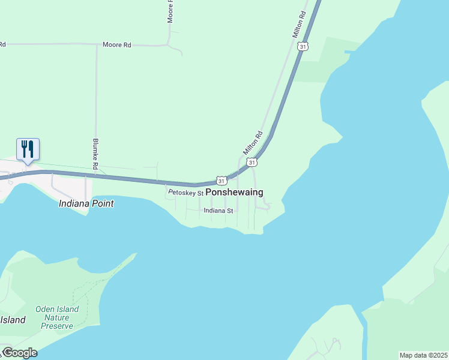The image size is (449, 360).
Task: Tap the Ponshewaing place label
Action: point(234,193)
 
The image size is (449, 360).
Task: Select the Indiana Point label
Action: point(86,203)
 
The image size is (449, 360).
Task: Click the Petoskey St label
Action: point(186,193)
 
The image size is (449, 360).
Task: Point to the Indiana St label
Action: point(218,211)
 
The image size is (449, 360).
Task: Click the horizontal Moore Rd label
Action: point(116,45)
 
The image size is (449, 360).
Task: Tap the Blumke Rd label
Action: point(95,154)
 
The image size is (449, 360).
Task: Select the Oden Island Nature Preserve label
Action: point(57,317)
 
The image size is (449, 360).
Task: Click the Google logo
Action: point(19,353)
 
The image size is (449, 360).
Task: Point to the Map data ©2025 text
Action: point(423,355)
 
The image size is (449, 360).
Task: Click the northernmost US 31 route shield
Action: point(303,46)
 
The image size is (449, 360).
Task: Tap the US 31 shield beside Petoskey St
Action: point(221,181)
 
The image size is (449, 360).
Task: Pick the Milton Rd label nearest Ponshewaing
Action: point(253,143)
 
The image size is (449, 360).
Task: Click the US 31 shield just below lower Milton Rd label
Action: point(252,163)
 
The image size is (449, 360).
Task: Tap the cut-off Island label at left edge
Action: point(12,320)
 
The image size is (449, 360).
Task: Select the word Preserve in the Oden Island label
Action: point(57,326)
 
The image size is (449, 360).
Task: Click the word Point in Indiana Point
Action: point(103,203)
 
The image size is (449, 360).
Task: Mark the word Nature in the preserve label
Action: point(57,317)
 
